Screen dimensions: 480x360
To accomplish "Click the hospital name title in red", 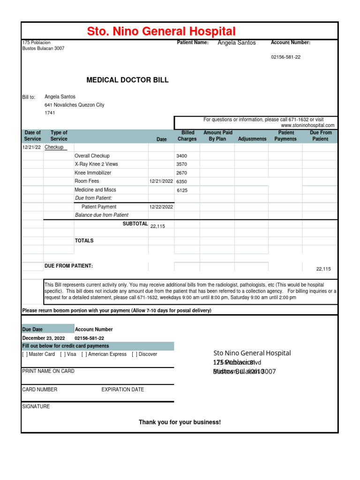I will pyautogui.click(x=161, y=31).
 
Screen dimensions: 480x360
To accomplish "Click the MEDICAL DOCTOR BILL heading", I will pyautogui.click(x=127, y=80).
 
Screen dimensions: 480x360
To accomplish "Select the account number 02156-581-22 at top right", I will pyautogui.click(x=285, y=57).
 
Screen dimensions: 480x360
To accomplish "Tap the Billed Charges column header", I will pyautogui.click(x=187, y=136).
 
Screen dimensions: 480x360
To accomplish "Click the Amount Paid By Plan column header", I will pyautogui.click(x=217, y=136).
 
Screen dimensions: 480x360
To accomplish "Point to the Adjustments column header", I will pyautogui.click(x=252, y=139).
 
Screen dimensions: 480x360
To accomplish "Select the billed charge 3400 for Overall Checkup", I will pyautogui.click(x=181, y=156).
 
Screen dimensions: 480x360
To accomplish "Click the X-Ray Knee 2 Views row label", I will pyautogui.click(x=96, y=165).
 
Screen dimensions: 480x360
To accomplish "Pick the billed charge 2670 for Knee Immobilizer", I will pyautogui.click(x=181, y=173).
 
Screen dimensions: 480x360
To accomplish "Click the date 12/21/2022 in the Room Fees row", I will pyautogui.click(x=161, y=181).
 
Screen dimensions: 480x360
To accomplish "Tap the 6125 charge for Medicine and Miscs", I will pyautogui.click(x=182, y=190).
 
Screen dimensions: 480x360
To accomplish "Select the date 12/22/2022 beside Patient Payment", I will pyautogui.click(x=161, y=207).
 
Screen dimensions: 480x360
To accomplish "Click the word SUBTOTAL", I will pyautogui.click(x=135, y=224).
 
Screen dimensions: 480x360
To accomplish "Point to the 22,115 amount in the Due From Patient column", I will pyautogui.click(x=323, y=269).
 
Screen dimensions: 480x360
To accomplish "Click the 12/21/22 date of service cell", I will pyautogui.click(x=32, y=147).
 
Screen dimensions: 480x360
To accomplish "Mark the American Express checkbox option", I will pyautogui.click(x=84, y=354).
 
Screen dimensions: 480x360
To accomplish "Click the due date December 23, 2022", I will pyautogui.click(x=44, y=338).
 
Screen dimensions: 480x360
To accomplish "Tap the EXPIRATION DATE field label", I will pyautogui.click(x=123, y=390).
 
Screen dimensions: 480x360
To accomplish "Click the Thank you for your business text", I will pyautogui.click(x=180, y=422).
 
